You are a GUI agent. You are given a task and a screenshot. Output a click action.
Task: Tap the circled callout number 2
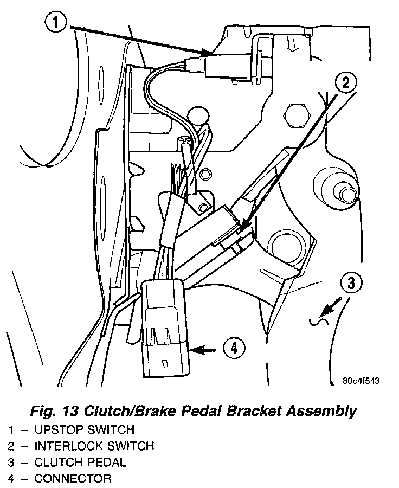click(345, 82)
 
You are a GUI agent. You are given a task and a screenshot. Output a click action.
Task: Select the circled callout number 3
click(351, 282)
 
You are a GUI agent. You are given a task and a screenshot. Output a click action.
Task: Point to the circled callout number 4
click(234, 349)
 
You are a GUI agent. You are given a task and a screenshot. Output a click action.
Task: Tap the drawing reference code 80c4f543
click(361, 381)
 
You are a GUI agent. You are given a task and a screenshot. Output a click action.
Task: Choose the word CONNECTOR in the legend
click(73, 479)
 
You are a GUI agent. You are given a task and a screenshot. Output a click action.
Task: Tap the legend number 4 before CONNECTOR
click(11, 479)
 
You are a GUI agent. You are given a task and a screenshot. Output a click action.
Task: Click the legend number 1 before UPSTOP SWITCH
click(11, 430)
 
